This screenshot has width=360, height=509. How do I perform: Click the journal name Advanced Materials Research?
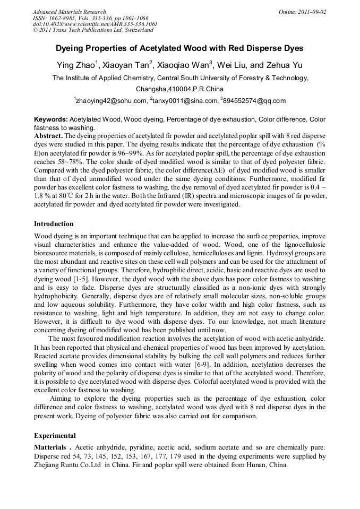[69, 12]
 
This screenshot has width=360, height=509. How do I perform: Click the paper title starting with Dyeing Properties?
[179, 48]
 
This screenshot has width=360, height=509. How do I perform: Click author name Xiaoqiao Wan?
[183, 66]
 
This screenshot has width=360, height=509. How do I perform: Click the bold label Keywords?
[51, 119]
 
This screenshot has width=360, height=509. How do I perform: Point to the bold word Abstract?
[49, 136]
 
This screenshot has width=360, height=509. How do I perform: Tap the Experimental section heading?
[55, 435]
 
